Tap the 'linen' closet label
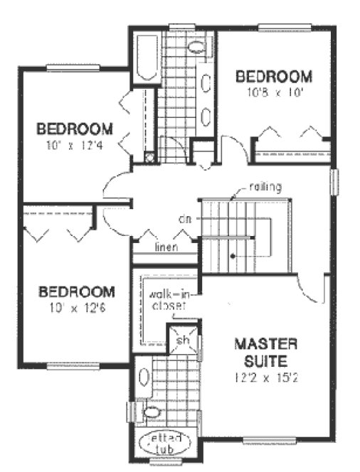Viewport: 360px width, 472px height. [166, 247]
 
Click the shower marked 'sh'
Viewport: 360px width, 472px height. [183, 339]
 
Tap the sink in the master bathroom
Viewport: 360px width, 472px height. [143, 377]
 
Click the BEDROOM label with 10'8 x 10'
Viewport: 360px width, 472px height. [274, 76]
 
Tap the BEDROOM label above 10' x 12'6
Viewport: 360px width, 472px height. [75, 291]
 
